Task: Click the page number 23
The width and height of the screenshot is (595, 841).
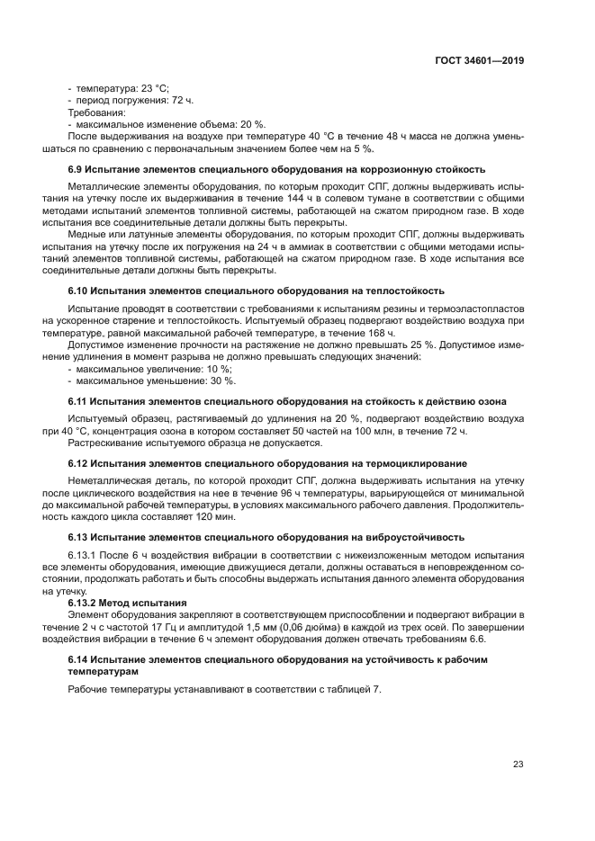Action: (x=518, y=765)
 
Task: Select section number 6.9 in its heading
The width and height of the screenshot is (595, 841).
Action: (x=77, y=168)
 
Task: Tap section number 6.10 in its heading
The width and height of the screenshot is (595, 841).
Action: (x=80, y=291)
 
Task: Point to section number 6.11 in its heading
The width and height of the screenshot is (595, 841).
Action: (x=80, y=401)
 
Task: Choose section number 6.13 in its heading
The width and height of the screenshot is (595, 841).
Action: (x=80, y=536)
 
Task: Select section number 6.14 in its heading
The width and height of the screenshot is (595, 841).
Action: (x=80, y=659)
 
